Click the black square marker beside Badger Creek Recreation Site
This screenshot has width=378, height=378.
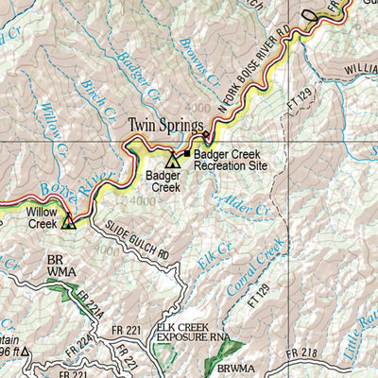click(187, 154)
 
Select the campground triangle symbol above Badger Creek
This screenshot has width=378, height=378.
click(171, 161)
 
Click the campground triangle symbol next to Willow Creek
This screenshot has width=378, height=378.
click(68, 223)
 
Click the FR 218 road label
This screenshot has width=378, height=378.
click(305, 352)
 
